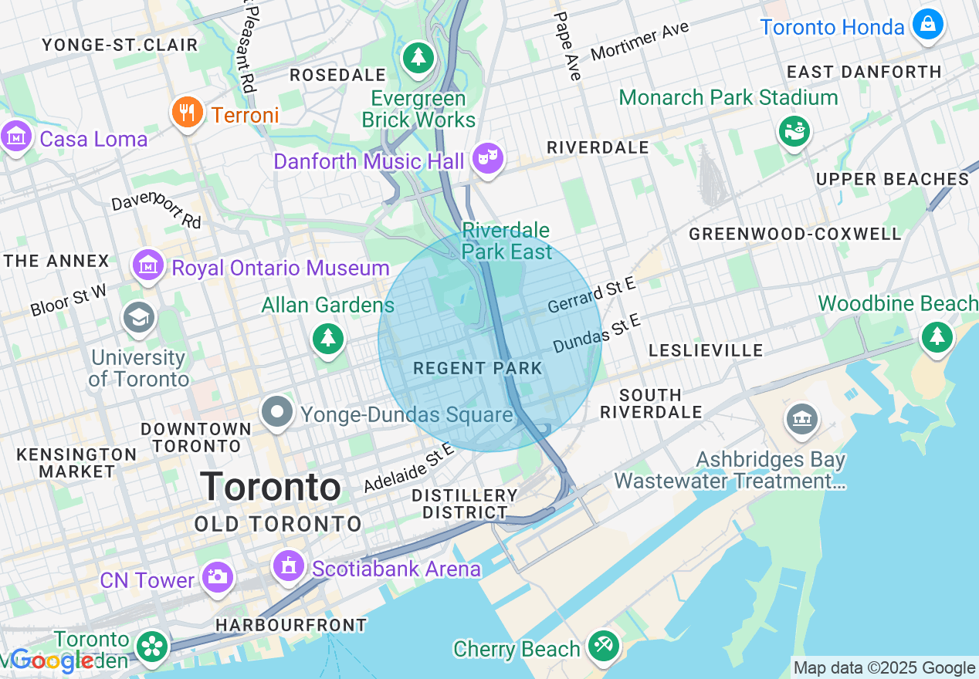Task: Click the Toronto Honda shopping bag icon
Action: pyautogui.click(x=927, y=25)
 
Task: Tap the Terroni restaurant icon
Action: pyautogui.click(x=187, y=113)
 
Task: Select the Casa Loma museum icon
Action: pyautogui.click(x=16, y=137)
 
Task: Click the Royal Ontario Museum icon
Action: pyautogui.click(x=148, y=266)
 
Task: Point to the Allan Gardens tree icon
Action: pyautogui.click(x=328, y=339)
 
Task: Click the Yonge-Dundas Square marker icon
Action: pyautogui.click(x=276, y=413)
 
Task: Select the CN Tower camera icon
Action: pyautogui.click(x=217, y=577)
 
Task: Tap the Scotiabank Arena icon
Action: pyautogui.click(x=290, y=567)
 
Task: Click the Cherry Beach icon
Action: pyautogui.click(x=602, y=647)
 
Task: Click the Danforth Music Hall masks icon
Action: pyautogui.click(x=487, y=159)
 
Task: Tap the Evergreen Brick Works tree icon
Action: pyautogui.click(x=418, y=57)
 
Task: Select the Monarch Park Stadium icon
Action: pyautogui.click(x=793, y=131)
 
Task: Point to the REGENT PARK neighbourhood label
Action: pyautogui.click(x=478, y=368)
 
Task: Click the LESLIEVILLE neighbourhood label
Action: pyautogui.click(x=706, y=350)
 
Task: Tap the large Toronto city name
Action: pyautogui.click(x=271, y=487)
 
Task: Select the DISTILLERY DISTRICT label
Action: pyautogui.click(x=464, y=503)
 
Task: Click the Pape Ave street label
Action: pyautogui.click(x=567, y=46)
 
